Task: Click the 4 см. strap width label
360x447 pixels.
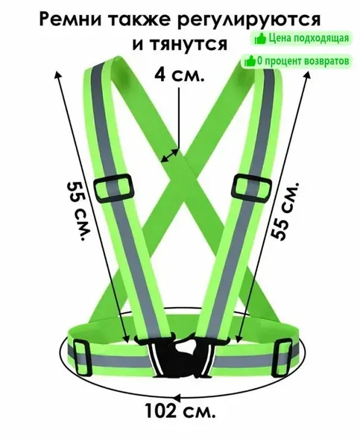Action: click(180, 74)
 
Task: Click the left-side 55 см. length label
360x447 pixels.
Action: click(78, 210)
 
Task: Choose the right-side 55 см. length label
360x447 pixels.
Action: click(284, 211)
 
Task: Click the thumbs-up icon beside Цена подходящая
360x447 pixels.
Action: click(260, 39)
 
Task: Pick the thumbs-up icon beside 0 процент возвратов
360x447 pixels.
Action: click(250, 61)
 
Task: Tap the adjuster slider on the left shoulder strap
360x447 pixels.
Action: click(114, 188)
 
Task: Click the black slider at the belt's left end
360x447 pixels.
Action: click(82, 358)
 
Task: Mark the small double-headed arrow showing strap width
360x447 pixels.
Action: click(170, 156)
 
